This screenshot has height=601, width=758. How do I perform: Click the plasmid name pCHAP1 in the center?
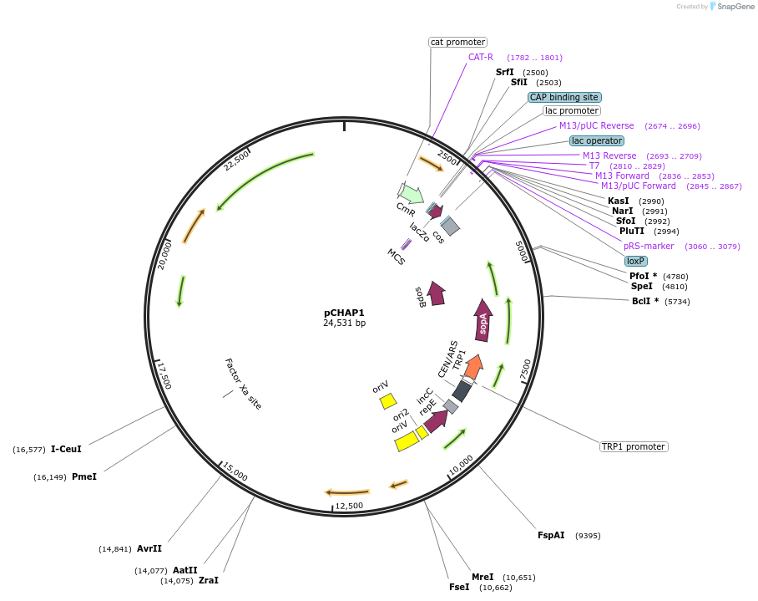point(344,312)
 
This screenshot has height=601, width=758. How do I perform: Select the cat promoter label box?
point(457,42)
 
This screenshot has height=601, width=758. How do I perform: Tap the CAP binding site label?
point(563,97)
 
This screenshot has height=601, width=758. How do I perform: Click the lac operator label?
point(597,140)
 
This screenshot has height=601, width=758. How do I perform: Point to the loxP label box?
point(636,261)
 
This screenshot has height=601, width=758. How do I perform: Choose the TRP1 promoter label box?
point(634,446)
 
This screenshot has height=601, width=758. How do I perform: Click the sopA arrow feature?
point(483,320)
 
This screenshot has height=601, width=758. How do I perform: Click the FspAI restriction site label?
point(551,535)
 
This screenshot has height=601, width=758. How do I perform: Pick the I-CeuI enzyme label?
point(66,449)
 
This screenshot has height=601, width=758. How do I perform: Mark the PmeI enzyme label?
point(84,476)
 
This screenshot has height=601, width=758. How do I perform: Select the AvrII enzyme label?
point(149,549)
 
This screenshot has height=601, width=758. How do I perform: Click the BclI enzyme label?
point(644,301)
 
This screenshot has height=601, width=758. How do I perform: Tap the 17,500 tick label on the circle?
point(164,374)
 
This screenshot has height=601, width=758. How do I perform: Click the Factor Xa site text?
point(243,384)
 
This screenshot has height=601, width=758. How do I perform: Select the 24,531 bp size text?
point(344,323)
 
